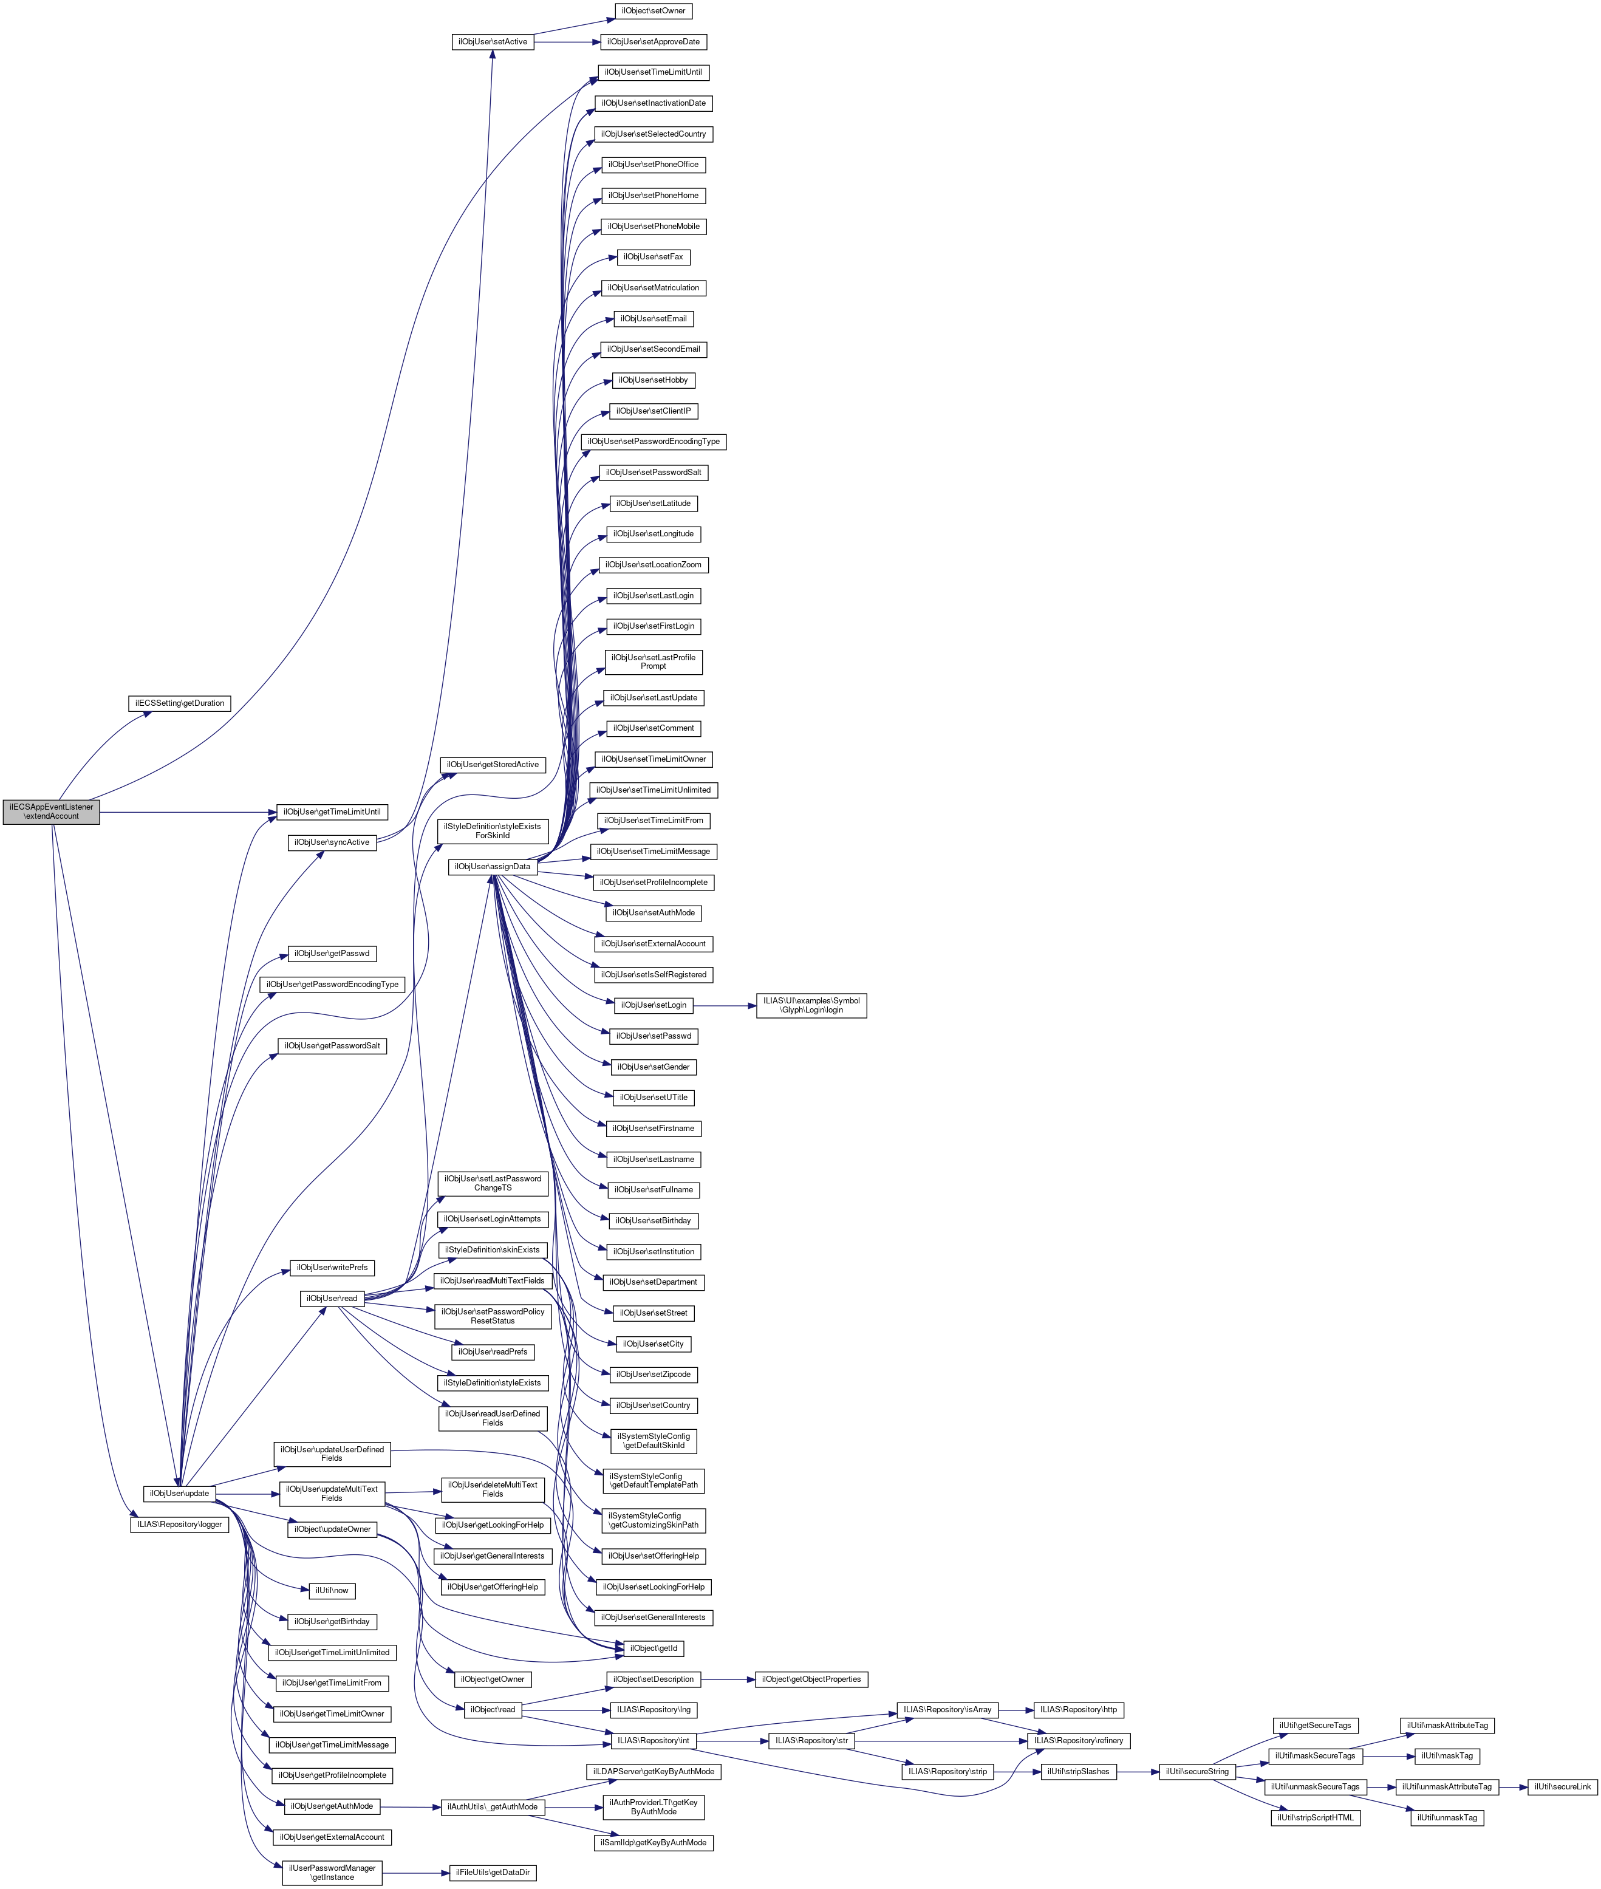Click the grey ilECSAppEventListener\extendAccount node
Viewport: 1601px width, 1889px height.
point(51,811)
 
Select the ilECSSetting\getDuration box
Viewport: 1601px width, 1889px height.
point(180,703)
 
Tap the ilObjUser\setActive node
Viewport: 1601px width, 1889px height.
point(492,42)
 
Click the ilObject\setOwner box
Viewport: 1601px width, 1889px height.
point(652,11)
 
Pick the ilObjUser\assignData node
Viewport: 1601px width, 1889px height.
point(493,866)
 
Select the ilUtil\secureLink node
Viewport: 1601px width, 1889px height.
point(1561,1786)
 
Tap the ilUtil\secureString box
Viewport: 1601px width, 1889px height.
point(1197,1771)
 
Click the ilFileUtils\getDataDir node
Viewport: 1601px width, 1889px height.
point(493,1872)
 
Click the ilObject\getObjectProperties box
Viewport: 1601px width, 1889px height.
point(811,1679)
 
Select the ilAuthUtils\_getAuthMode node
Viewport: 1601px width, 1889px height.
point(492,1806)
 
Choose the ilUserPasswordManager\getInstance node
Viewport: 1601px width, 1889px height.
point(332,1872)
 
